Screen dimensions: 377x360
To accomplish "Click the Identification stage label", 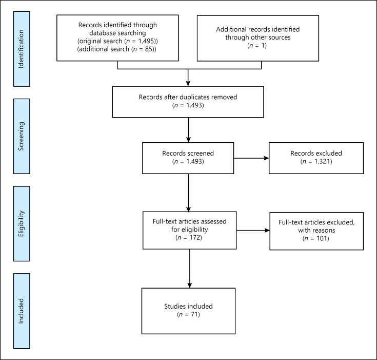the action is point(22,49).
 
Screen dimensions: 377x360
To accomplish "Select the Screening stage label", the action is point(22,136).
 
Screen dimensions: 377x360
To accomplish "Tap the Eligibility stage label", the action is point(22,224).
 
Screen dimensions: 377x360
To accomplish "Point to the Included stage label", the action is point(22,311).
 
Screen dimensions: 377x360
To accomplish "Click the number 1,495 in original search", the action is point(146,41).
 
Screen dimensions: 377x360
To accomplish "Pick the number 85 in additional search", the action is point(149,49).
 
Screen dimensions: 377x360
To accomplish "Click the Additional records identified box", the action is point(258,39).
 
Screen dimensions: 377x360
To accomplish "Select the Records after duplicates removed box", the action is point(188,102).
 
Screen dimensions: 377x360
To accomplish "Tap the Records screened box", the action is point(188,158).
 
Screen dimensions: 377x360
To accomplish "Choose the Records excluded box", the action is point(316,158).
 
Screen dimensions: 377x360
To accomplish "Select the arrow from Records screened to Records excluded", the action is point(251,158).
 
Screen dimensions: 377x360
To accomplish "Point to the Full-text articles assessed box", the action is point(190,231).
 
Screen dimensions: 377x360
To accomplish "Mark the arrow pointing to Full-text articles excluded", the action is point(253,231).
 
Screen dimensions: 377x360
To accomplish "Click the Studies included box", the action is point(189,311).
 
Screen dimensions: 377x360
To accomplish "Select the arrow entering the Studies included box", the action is point(190,269).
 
